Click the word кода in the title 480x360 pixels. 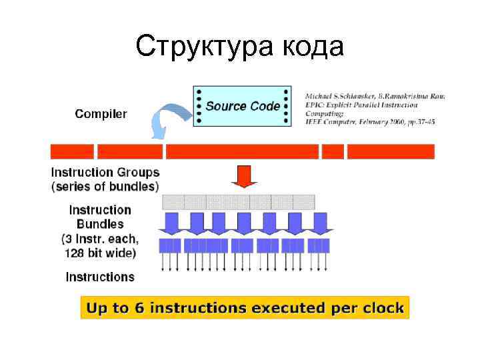pos(313,47)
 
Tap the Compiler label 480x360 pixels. pos(101,114)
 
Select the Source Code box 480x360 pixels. pos(242,106)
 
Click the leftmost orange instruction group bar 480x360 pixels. pos(72,151)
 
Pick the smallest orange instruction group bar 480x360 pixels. pos(333,151)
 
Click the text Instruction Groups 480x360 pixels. pos(105,172)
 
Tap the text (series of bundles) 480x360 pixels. pos(105,187)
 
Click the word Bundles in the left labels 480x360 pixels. pos(100,224)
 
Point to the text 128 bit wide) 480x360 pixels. pos(100,253)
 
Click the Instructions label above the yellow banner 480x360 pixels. pos(100,277)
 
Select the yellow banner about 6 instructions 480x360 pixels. pos(244,308)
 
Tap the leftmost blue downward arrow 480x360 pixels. pos(171,223)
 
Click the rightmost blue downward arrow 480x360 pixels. pos(321,223)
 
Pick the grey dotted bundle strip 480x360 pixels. pos(238,201)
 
